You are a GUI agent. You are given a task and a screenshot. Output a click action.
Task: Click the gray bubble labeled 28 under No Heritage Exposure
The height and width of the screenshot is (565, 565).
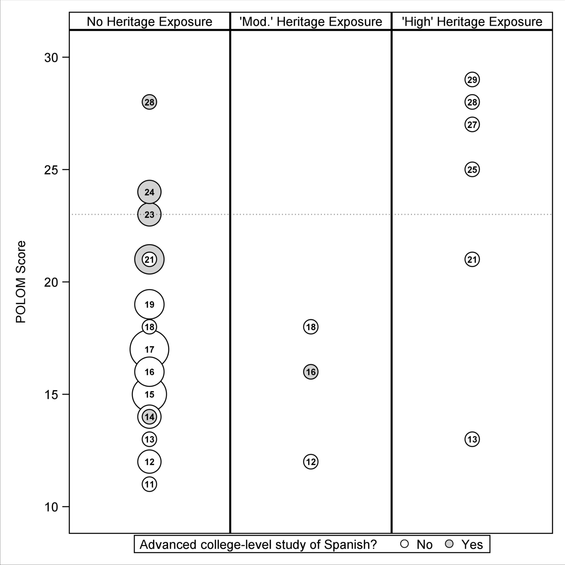pos(149,102)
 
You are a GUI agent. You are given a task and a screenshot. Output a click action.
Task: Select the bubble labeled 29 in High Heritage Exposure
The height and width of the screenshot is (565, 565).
pos(472,80)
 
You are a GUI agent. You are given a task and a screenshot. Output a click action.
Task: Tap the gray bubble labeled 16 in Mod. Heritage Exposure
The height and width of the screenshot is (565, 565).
pos(311,372)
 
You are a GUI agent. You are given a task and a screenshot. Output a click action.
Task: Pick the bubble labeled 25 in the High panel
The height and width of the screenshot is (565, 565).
pos(472,170)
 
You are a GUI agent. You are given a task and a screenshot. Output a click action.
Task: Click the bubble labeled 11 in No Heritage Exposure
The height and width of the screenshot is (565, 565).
pos(149,484)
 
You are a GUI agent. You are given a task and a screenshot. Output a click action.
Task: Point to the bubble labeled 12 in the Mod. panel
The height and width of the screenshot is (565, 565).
pos(311,462)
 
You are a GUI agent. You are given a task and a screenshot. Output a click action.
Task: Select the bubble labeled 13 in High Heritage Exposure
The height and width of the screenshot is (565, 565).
pos(472,439)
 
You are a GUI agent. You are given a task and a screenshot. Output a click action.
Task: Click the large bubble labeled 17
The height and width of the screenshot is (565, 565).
pos(149,349)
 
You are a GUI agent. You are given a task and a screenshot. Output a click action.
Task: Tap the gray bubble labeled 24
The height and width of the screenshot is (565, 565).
pos(149,192)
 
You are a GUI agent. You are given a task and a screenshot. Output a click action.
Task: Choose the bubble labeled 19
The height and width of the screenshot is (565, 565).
pos(149,304)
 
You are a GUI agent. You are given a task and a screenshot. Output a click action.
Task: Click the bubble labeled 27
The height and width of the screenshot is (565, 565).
pos(472,125)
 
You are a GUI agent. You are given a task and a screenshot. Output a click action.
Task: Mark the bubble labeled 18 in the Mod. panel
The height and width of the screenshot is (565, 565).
pos(311,327)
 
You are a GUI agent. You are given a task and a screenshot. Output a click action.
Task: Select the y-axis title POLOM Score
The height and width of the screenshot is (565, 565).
pos(21,282)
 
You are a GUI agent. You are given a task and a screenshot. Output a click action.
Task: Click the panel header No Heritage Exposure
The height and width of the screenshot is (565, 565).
pos(149,22)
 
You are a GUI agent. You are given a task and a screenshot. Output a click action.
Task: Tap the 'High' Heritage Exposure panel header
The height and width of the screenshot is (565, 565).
pos(472,22)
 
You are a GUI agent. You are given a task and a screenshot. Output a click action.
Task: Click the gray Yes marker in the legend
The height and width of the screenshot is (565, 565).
pos(449,544)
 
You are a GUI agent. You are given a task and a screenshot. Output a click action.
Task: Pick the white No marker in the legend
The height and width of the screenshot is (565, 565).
pos(404,544)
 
